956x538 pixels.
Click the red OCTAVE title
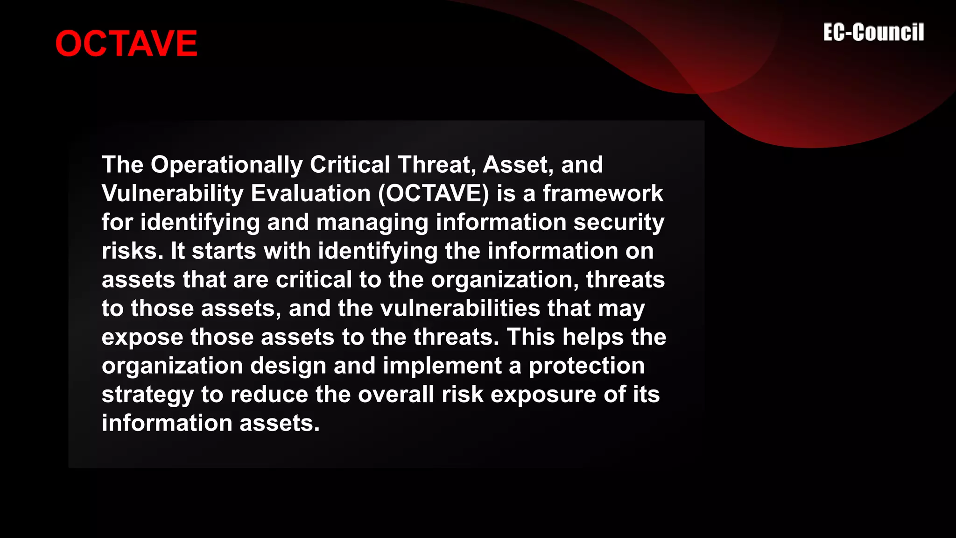tap(126, 43)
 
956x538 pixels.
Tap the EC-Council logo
tap(873, 33)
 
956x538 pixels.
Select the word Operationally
tap(226, 165)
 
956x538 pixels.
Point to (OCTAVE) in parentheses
tap(434, 193)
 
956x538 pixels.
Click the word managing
tap(372, 222)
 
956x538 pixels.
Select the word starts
tap(224, 251)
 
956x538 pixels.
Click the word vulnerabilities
tap(460, 308)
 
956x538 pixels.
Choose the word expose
tap(142, 337)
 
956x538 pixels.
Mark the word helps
tap(593, 337)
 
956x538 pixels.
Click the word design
tap(288, 366)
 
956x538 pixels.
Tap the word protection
tap(587, 366)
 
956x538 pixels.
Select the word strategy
tap(148, 395)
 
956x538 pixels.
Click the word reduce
tap(269, 395)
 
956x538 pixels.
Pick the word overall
tap(396, 395)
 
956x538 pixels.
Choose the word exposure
tap(543, 395)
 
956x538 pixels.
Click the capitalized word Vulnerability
tap(173, 193)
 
